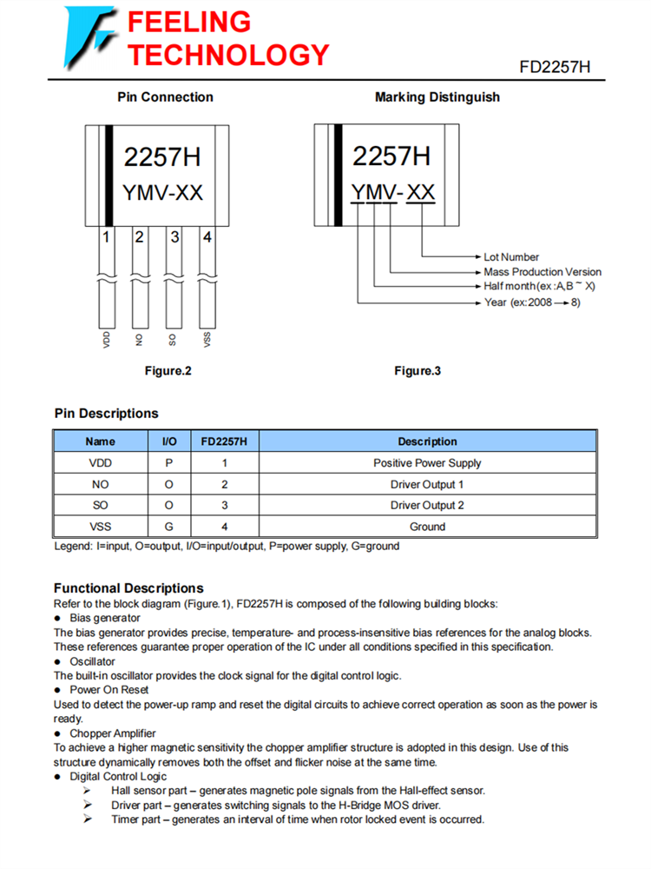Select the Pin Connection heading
click(x=165, y=97)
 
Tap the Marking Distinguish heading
click(x=437, y=97)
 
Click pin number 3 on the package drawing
click(x=174, y=236)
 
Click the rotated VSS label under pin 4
click(x=207, y=339)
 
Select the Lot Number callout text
click(x=511, y=257)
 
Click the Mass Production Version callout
click(x=542, y=271)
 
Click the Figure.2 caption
click(x=168, y=371)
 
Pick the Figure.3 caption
click(x=418, y=371)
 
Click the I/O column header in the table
click(x=169, y=441)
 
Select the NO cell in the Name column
click(x=100, y=484)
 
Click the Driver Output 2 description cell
click(x=427, y=505)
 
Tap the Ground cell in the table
click(x=427, y=527)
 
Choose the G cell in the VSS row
click(x=169, y=527)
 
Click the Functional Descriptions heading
click(x=128, y=588)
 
